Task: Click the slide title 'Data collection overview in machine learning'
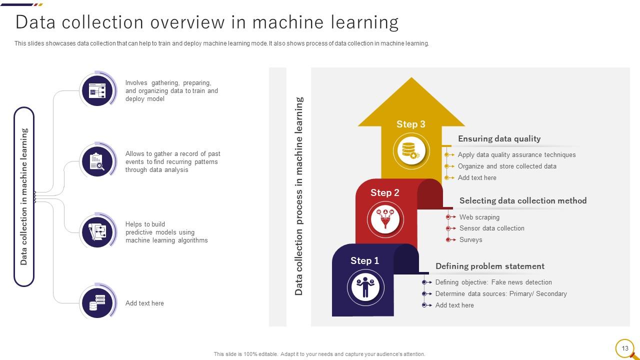(206, 22)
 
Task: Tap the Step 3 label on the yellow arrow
(411, 124)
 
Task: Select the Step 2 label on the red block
(385, 192)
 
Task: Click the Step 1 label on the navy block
(364, 260)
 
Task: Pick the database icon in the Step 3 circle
(411, 150)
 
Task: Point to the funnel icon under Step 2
(385, 219)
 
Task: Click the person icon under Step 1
(365, 287)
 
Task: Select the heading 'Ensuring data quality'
(499, 138)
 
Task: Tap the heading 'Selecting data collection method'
(523, 200)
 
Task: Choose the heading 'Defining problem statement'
(490, 266)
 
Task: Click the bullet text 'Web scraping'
(479, 217)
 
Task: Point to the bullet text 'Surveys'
(471, 239)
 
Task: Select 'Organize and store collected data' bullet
(507, 166)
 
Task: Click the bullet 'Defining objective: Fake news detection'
(493, 282)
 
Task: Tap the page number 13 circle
(625, 348)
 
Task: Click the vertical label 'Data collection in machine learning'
(24, 196)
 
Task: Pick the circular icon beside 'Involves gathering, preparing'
(97, 90)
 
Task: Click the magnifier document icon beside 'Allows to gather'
(97, 161)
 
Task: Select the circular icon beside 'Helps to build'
(97, 232)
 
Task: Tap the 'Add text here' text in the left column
(144, 303)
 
